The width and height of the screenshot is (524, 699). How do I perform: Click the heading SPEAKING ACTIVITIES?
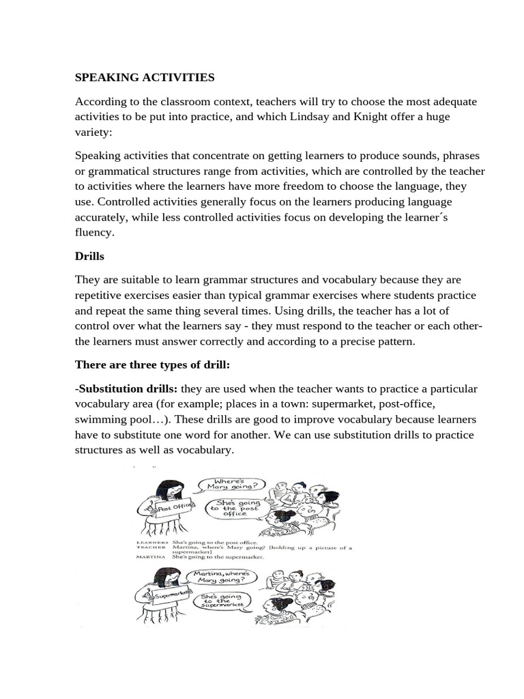145,78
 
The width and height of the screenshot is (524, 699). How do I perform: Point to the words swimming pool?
109,419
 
